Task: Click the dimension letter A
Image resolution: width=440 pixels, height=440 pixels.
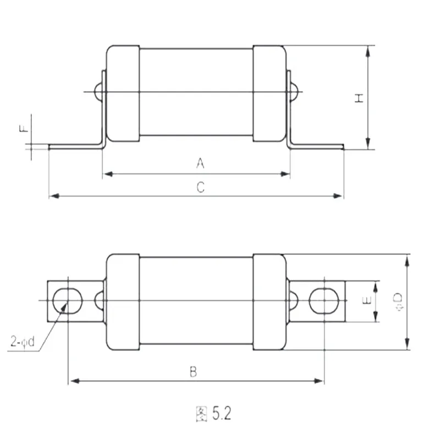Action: (200, 163)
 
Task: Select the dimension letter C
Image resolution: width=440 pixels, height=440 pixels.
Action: (201, 187)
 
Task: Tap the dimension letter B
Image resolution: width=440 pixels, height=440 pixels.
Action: (194, 372)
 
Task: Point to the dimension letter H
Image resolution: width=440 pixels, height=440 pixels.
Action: (359, 98)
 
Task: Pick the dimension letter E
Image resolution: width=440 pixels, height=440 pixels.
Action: (367, 300)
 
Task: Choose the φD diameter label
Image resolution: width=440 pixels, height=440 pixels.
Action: (398, 302)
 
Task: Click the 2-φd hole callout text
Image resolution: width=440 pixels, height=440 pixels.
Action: (23, 342)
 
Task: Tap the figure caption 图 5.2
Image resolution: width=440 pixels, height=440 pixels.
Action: (213, 414)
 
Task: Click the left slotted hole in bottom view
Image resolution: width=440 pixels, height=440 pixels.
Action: (67, 301)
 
